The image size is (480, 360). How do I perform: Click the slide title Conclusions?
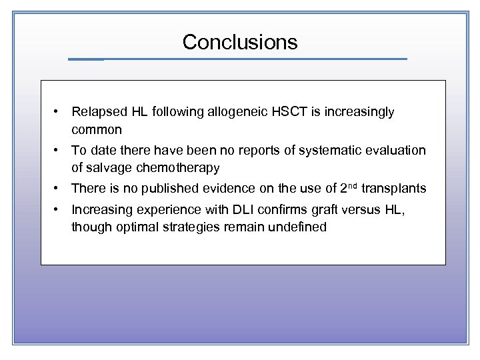tap(240, 42)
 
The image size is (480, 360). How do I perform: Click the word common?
tap(97, 129)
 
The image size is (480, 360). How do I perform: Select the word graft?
tap(317, 210)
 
